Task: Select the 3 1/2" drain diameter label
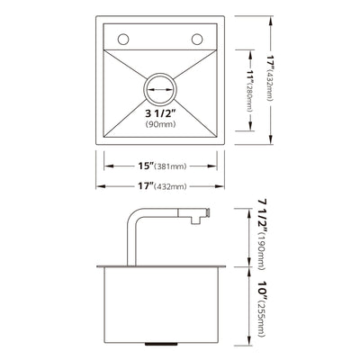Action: [x=159, y=113]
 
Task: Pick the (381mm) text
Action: [x=169, y=166]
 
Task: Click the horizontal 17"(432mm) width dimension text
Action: [x=159, y=186]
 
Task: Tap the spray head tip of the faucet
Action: [x=207, y=214]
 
